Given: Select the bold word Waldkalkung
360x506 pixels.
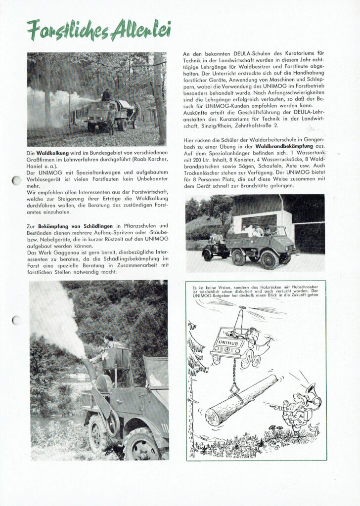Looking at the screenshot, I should pyautogui.click(x=53, y=154).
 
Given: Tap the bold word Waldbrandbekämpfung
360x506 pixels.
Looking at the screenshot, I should pyautogui.click(x=284, y=147).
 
